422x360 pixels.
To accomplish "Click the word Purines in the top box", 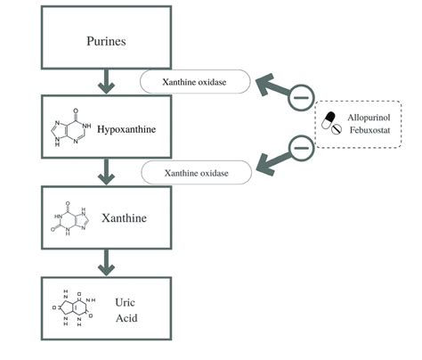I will tap(106, 41).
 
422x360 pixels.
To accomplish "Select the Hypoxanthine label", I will tap(127, 129).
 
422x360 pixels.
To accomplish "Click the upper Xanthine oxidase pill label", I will tap(193, 82).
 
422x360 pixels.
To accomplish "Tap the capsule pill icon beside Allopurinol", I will tap(329, 116).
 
